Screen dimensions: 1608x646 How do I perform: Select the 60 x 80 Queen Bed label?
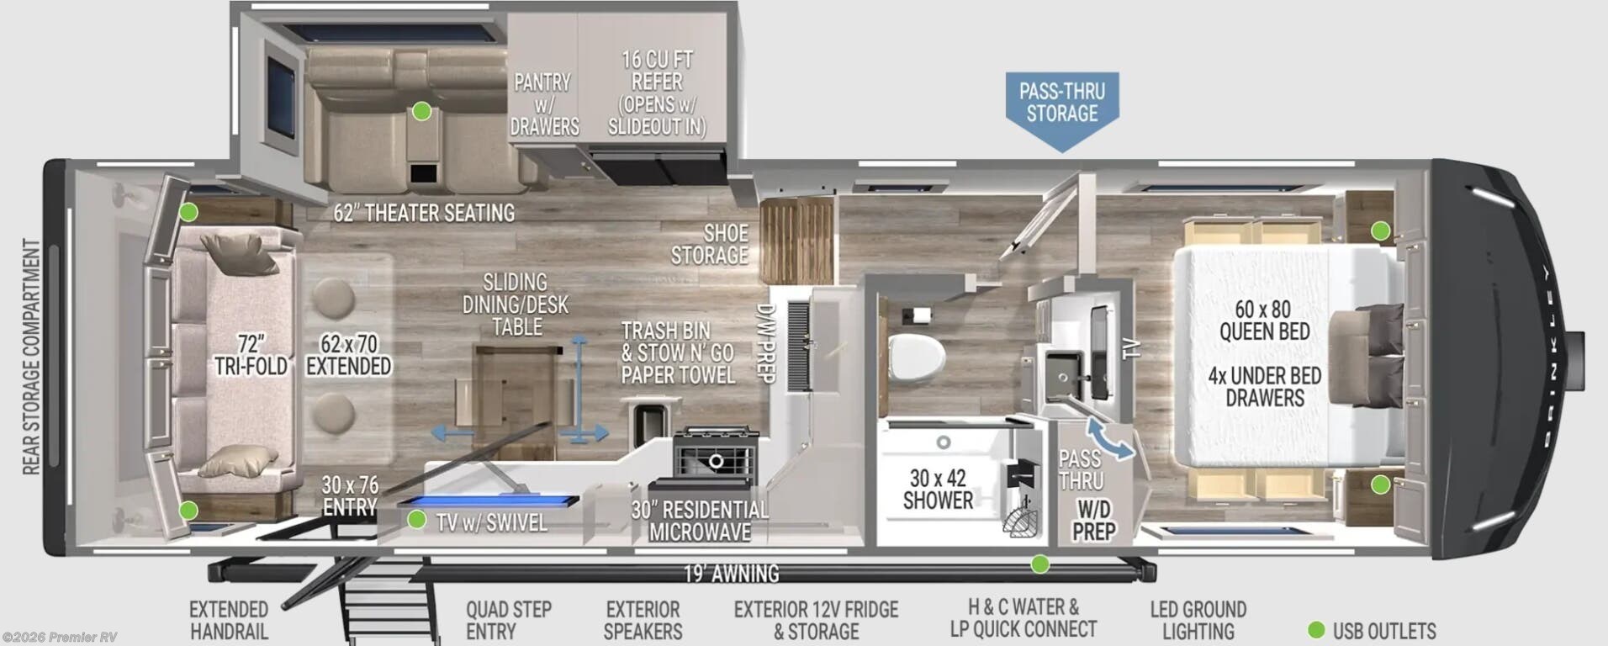coord(1264,320)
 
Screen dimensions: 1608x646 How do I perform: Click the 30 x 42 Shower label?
coord(938,490)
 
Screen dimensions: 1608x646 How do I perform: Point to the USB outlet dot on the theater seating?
coord(421,111)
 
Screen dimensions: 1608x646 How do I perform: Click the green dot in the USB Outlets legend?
coord(1317,630)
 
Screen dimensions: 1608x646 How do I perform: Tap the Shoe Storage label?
coord(709,244)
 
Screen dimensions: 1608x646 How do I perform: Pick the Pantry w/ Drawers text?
coord(544,104)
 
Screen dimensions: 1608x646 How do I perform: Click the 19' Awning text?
coord(731,574)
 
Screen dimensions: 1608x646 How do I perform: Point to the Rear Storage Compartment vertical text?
coord(31,357)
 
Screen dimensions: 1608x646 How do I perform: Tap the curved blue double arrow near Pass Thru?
coord(1109,440)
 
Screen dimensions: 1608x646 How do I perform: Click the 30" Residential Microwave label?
coord(700,521)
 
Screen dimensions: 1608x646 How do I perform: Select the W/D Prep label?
coord(1094,520)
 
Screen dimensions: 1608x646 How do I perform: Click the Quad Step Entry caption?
coord(509,620)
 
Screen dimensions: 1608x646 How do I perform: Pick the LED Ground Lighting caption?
coord(1198,620)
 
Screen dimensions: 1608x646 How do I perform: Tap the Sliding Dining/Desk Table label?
coord(516,304)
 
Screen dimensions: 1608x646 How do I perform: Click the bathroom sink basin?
coord(1062,371)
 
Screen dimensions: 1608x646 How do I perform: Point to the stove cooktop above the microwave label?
coord(717,453)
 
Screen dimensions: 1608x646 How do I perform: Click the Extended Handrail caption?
coord(229,620)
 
